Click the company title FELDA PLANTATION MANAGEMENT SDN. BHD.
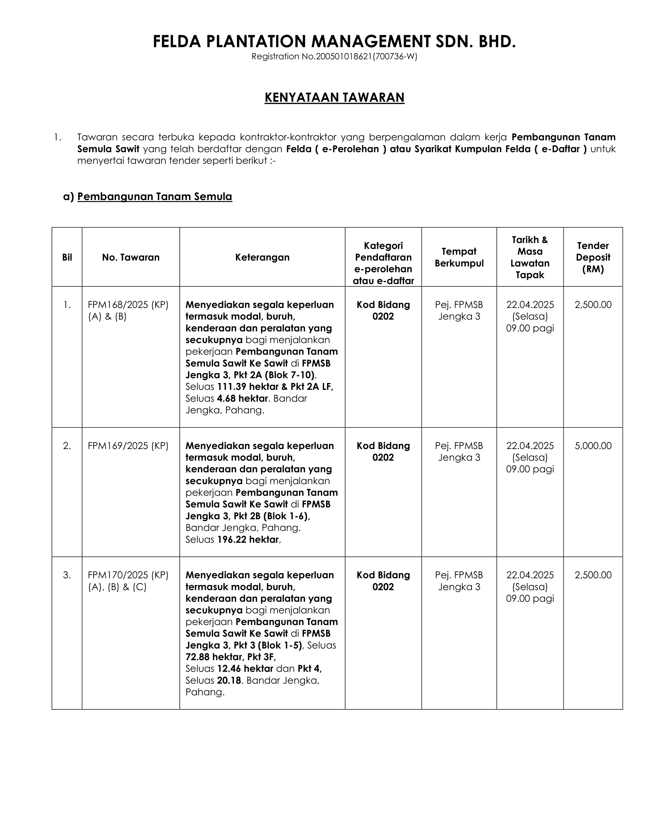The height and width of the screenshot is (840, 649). point(334,42)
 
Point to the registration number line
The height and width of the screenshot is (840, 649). point(334,57)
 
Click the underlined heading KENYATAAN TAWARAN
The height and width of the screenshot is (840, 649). point(334,97)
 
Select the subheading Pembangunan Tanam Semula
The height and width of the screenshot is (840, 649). point(155,197)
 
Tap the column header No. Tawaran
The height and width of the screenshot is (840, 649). point(131,257)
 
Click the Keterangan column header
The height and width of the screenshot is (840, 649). point(262,257)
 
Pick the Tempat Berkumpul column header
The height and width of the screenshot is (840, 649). point(459,257)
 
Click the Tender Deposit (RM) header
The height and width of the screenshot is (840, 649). point(593,257)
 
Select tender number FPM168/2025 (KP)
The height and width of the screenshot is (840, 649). point(128,305)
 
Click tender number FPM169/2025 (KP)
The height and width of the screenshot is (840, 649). point(128,446)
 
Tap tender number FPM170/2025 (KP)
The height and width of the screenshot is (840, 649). point(128,575)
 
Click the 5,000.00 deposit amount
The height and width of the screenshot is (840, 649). point(593,446)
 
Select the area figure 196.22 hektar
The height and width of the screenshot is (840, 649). point(248,540)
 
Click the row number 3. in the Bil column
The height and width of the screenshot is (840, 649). point(67,575)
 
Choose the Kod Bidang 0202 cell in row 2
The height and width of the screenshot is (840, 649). point(383,452)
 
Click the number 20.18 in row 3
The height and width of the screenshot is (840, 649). point(229,680)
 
